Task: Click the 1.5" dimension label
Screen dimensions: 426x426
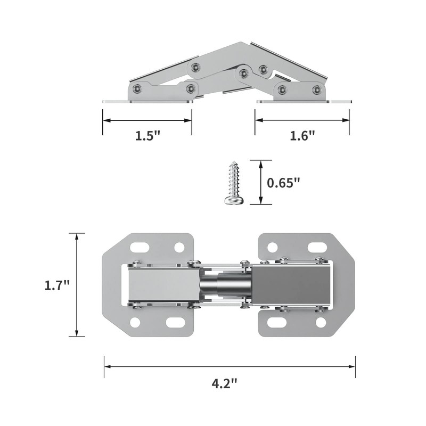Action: (x=148, y=136)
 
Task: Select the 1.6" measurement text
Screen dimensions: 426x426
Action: (x=302, y=136)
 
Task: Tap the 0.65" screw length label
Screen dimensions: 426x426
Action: (x=283, y=182)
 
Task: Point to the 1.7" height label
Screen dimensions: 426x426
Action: (x=57, y=285)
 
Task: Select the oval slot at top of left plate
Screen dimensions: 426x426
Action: (x=140, y=247)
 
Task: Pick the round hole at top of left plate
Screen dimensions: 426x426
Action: (x=179, y=247)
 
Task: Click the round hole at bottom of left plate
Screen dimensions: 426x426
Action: (x=135, y=322)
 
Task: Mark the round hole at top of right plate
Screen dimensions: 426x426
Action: (x=272, y=247)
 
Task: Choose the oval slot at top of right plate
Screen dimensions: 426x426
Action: (x=316, y=247)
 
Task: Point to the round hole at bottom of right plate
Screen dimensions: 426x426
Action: (x=321, y=322)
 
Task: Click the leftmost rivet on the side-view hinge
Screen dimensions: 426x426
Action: (x=138, y=89)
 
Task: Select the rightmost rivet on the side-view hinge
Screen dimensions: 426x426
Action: (x=317, y=89)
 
